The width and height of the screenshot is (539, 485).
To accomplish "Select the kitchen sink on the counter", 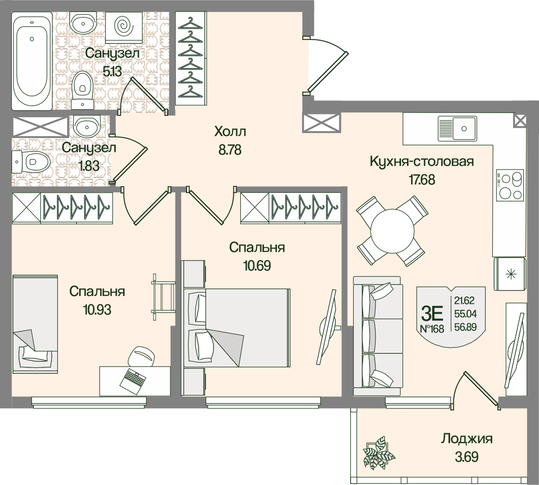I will (458, 128).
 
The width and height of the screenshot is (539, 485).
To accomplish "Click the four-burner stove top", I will (510, 185).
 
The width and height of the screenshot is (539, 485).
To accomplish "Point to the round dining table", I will (392, 230).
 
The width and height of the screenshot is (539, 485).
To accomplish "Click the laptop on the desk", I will (132, 379).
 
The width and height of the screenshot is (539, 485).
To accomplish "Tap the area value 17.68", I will (422, 179).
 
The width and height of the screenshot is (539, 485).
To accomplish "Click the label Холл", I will (230, 132).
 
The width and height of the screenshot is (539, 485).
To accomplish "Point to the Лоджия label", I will (466, 439).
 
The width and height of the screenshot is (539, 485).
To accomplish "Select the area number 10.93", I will (97, 309).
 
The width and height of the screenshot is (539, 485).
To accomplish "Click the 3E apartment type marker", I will (432, 314).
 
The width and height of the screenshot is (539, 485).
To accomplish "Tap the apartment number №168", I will (432, 329).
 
